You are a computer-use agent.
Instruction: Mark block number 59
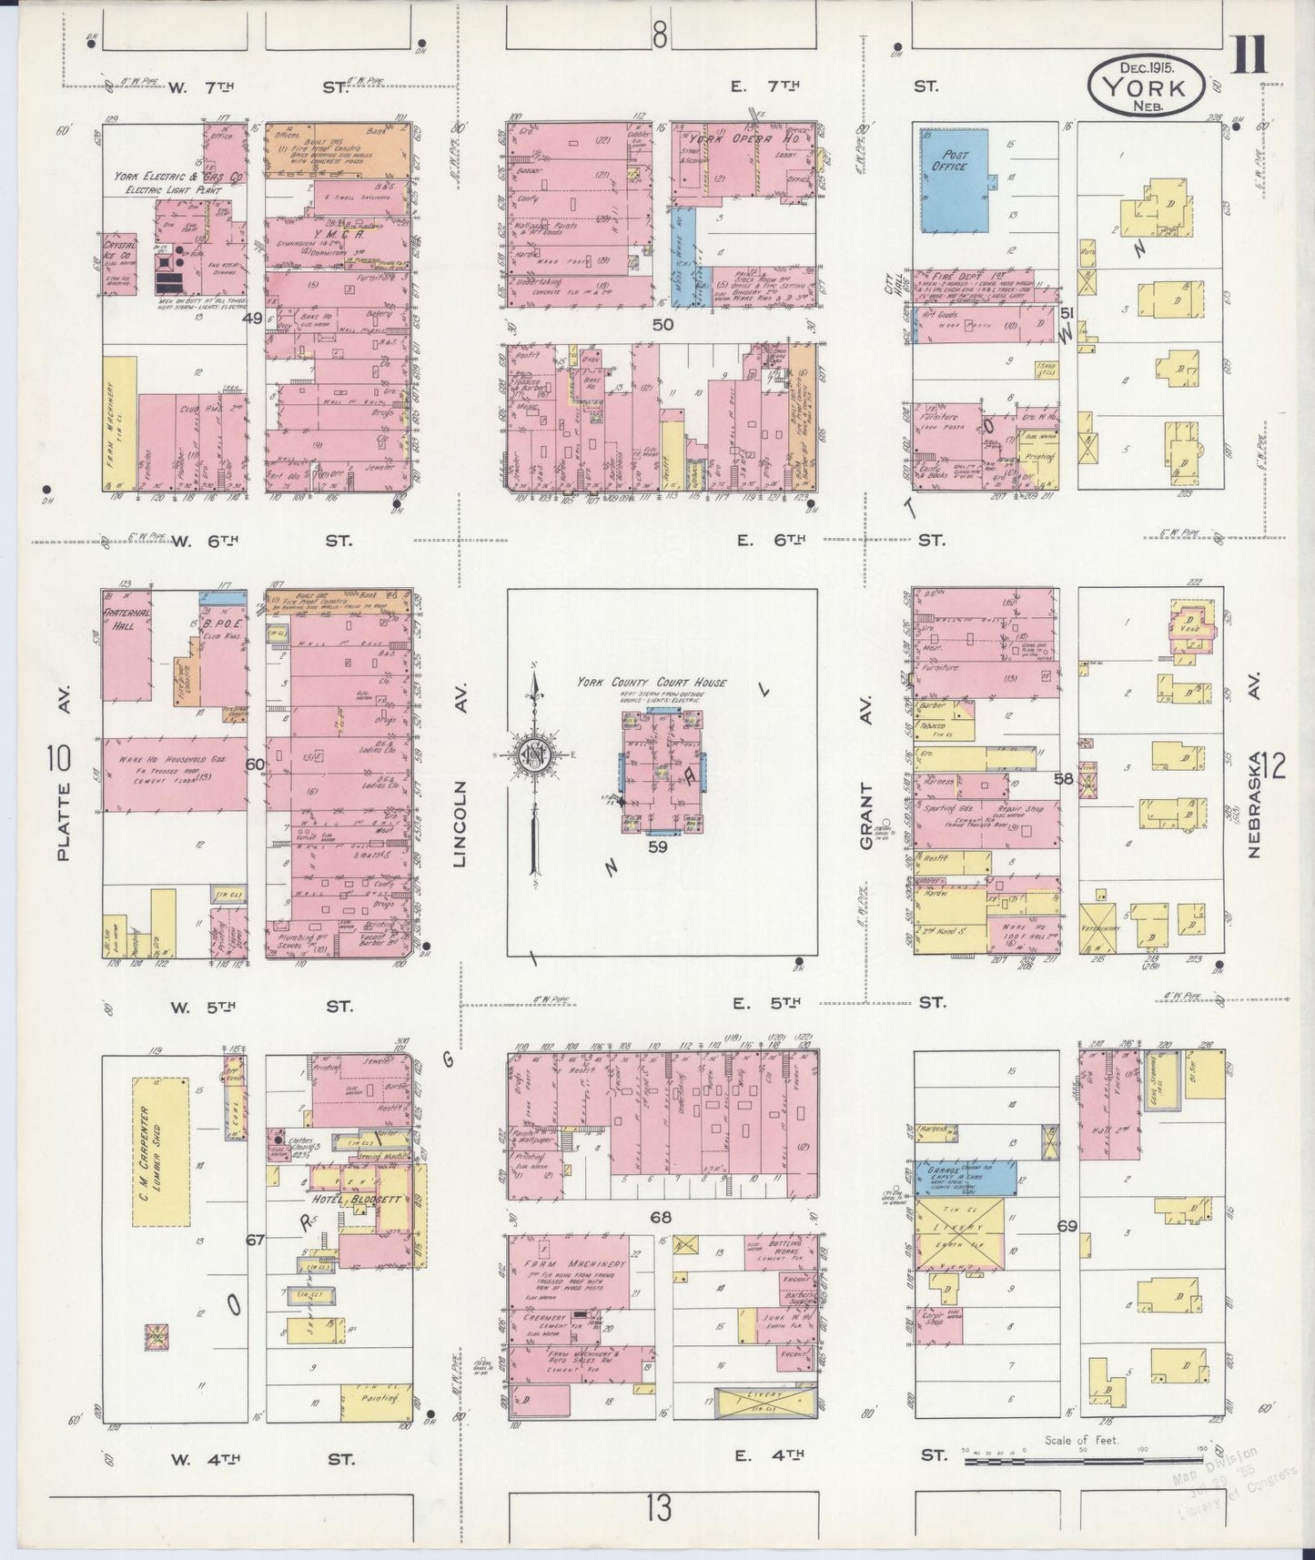(658, 846)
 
